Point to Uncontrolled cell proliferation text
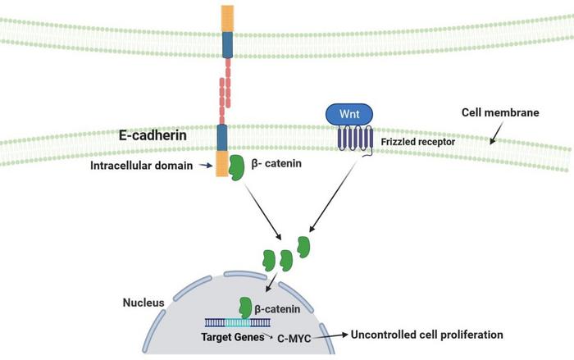tap(426, 335)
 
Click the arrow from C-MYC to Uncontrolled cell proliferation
tap(331, 335)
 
